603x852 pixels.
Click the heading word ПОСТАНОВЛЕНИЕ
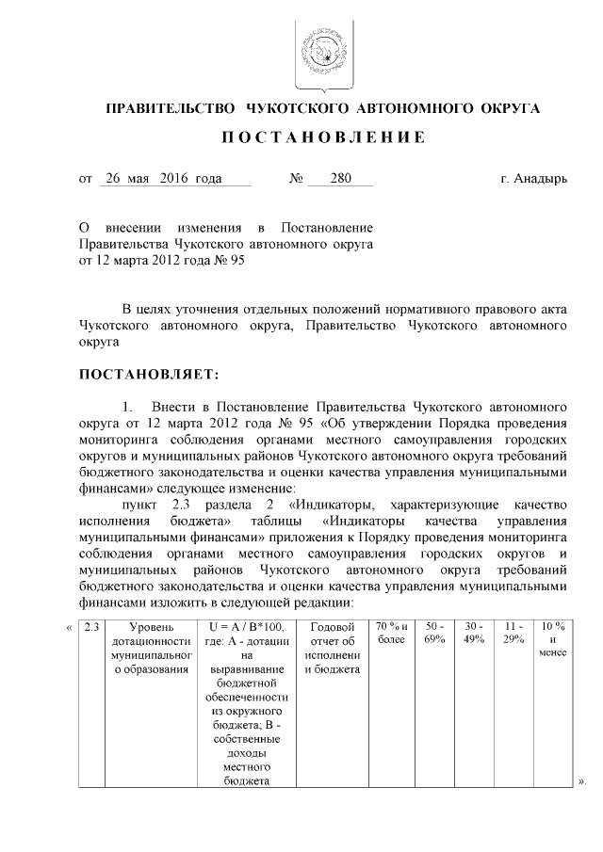click(322, 138)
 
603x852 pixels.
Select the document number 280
click(340, 178)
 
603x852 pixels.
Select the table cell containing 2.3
click(90, 627)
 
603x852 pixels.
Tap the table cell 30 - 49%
click(474, 633)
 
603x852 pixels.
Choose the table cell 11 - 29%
click(513, 633)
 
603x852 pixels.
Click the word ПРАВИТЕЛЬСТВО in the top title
click(168, 109)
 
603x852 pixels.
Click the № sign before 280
click(295, 178)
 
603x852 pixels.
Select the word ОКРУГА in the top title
click(507, 109)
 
